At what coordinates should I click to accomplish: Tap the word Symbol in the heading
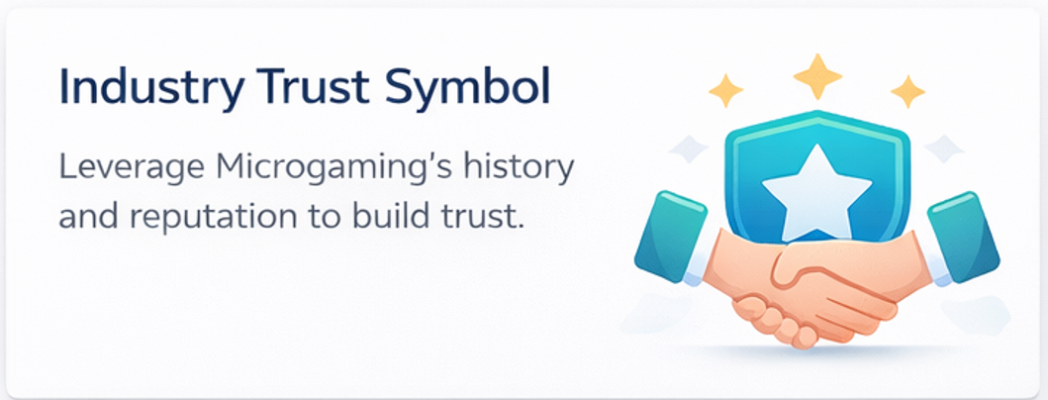pos(465,88)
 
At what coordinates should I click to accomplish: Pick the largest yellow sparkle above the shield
pos(816,76)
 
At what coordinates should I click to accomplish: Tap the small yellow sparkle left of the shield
pos(725,90)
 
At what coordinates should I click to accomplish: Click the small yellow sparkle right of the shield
pos(907,91)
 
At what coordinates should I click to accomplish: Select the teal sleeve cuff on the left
pos(671,236)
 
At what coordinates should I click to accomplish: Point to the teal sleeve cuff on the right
pos(963,236)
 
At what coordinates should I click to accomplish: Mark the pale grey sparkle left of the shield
pos(689,149)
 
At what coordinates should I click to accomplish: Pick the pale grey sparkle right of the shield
pos(944,149)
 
